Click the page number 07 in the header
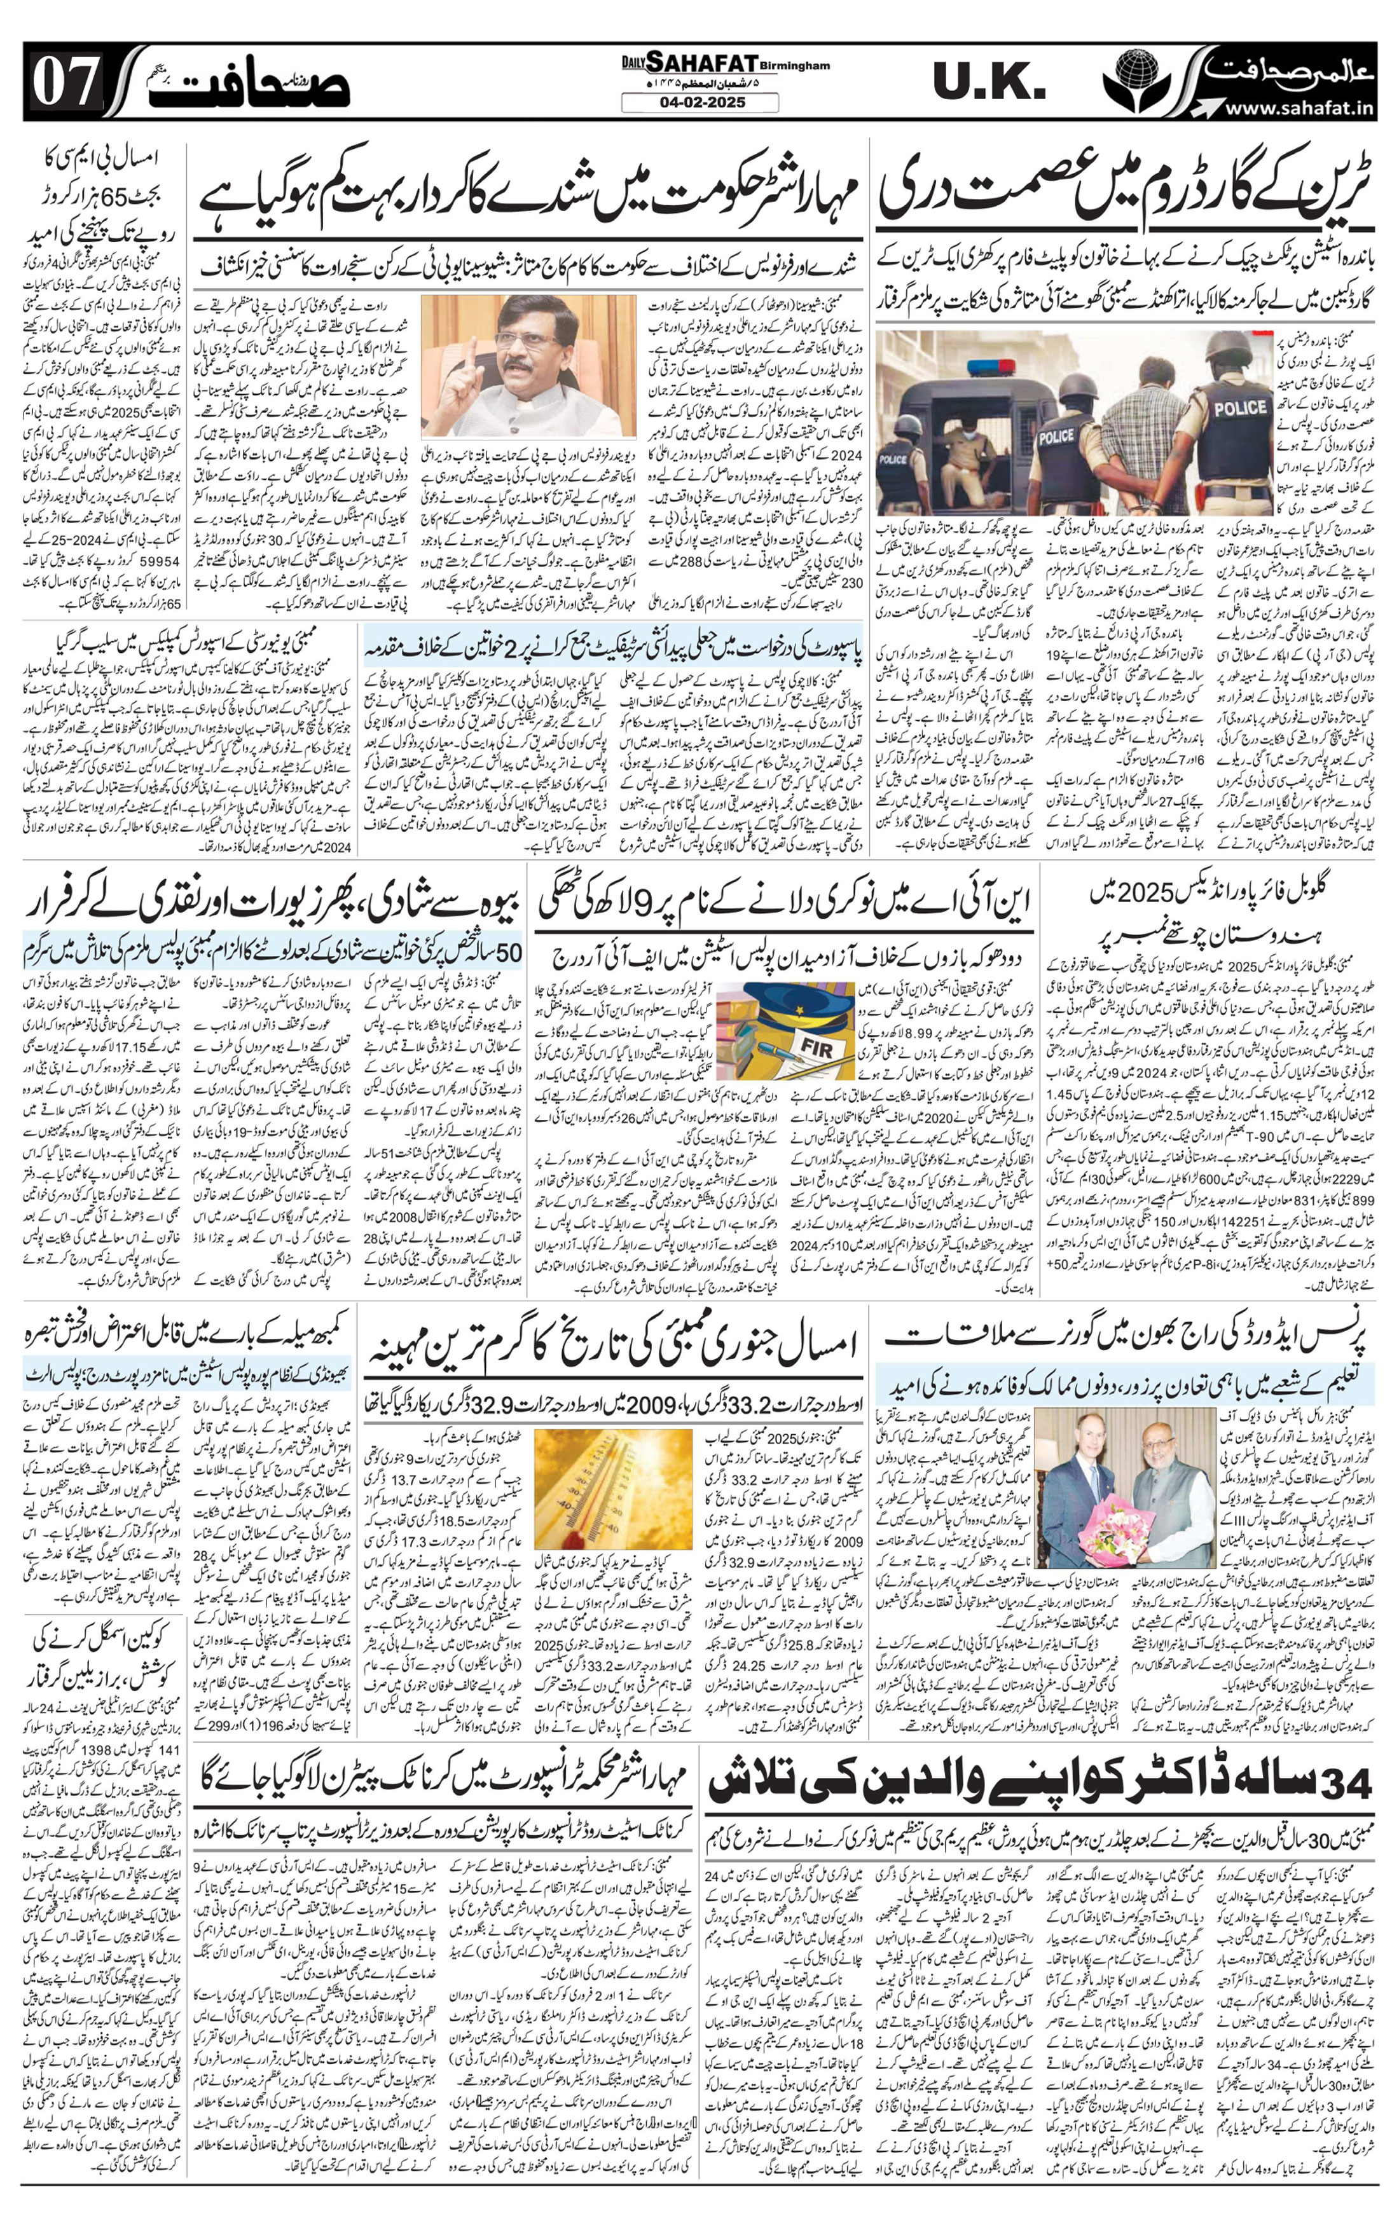pos(64,82)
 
